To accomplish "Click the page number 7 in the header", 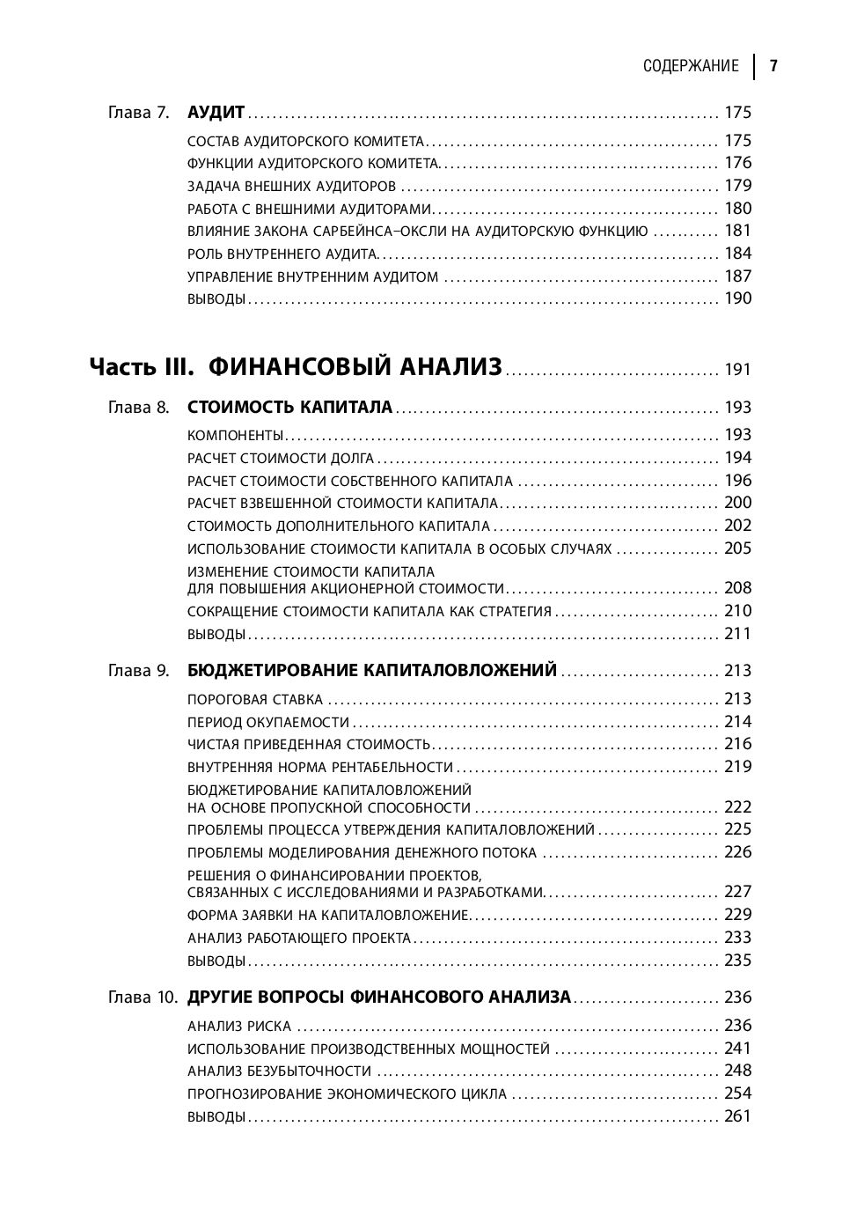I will (x=773, y=66).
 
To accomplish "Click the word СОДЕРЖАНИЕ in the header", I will (x=691, y=66).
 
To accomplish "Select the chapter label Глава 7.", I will (x=138, y=113).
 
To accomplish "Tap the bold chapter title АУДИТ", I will (x=216, y=113).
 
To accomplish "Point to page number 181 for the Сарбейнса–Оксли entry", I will (x=737, y=231).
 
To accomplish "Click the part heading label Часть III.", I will (x=141, y=367).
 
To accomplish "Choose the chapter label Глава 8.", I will (x=138, y=408).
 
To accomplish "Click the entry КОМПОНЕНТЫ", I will (x=236, y=435).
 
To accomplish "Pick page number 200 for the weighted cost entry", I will (x=737, y=503).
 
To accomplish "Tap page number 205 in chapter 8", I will (x=737, y=548).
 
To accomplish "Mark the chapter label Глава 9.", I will (x=138, y=671).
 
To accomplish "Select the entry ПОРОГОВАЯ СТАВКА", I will (x=255, y=700).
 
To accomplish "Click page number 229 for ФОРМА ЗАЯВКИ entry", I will (x=737, y=915).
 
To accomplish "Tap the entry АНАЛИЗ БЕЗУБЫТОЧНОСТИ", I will (x=279, y=1071).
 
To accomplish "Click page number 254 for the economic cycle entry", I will (x=737, y=1093).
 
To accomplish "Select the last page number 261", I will (x=737, y=1116).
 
